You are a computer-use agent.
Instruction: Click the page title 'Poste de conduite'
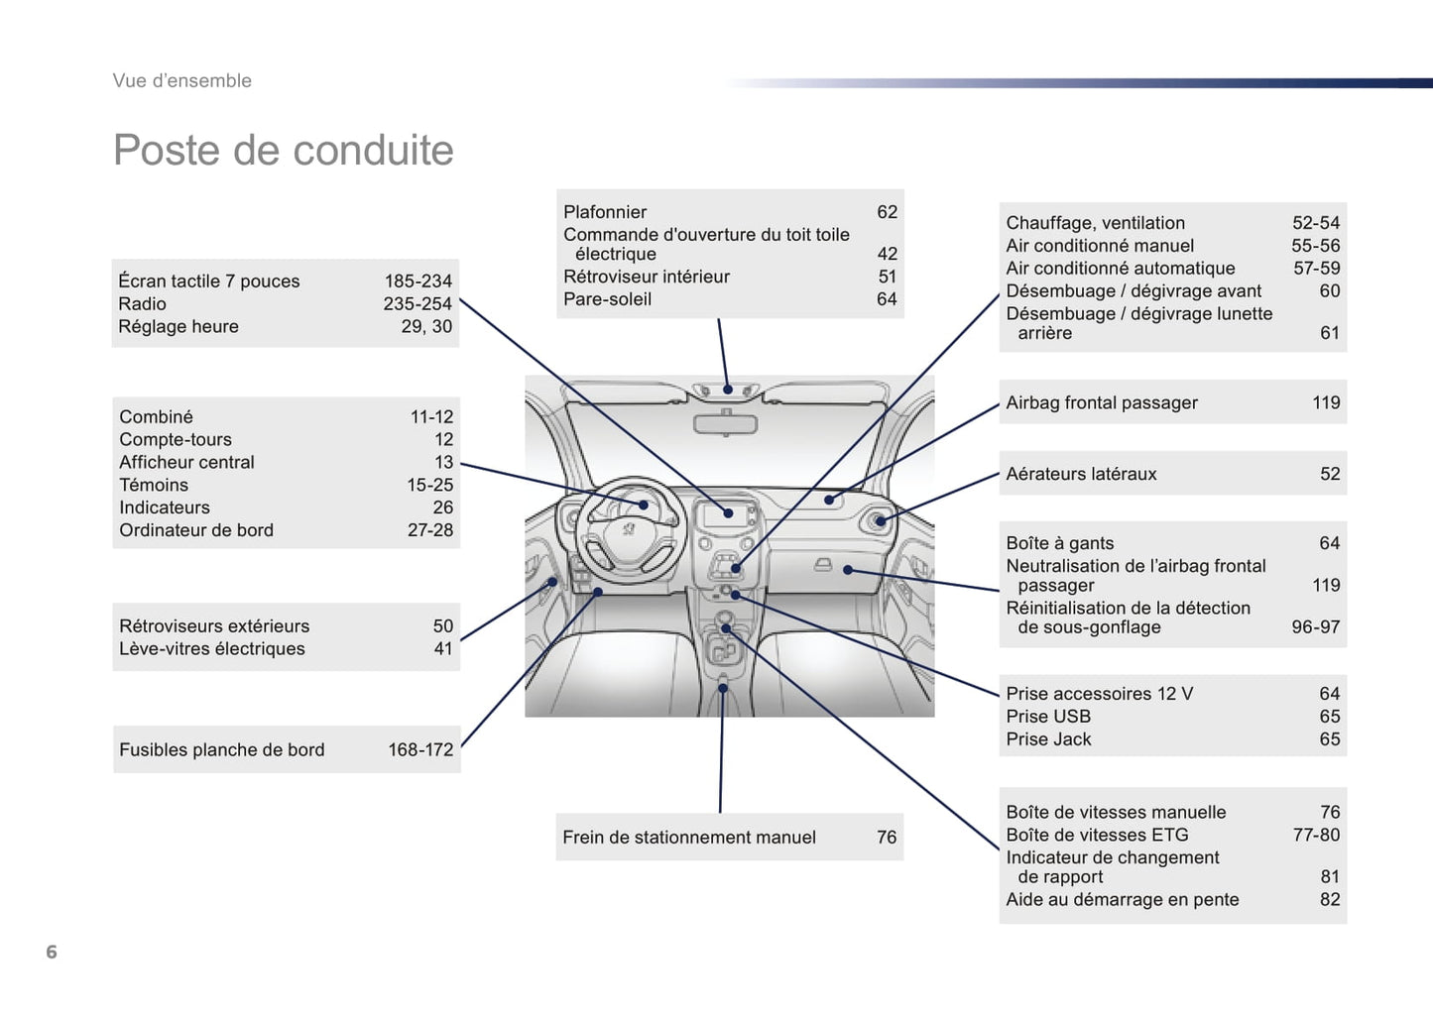283,151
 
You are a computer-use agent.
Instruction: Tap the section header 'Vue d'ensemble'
181,81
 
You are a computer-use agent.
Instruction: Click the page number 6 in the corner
52,952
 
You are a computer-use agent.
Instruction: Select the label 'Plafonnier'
605,212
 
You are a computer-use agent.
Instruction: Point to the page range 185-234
418,282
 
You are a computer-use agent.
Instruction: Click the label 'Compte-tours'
176,439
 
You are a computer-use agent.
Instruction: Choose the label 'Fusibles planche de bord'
222,750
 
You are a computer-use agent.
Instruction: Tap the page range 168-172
420,750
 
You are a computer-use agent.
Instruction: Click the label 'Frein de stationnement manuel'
689,838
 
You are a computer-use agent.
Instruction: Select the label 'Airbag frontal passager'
1102,402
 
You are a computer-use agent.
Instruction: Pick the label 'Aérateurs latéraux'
1081,474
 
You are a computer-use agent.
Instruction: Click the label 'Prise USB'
1048,717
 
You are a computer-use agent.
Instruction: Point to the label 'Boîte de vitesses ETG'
1097,835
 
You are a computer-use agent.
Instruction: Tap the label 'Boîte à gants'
1060,543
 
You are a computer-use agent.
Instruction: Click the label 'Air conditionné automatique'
1121,269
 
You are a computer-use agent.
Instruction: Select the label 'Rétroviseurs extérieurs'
214,626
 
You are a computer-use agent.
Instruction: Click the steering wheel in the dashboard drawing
629,525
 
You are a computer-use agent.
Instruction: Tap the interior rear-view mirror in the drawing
725,424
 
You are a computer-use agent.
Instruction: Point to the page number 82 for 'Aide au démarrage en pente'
1330,900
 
